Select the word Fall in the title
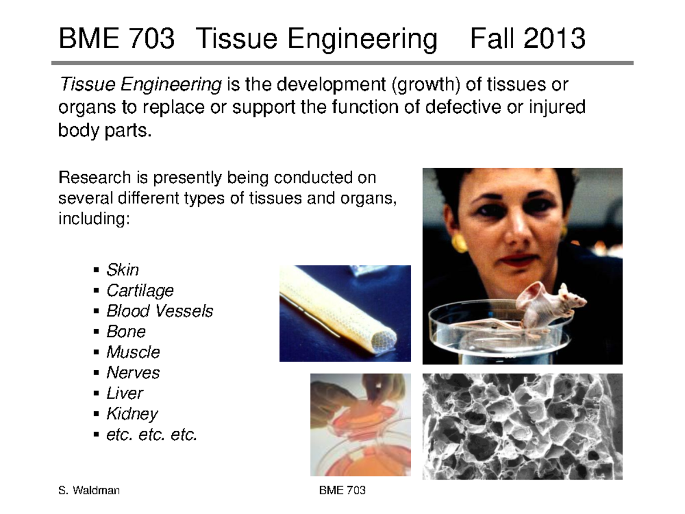pyautogui.click(x=493, y=39)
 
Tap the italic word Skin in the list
pyautogui.click(x=122, y=270)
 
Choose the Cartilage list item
pyautogui.click(x=140, y=290)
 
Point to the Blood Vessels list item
pyautogui.click(x=159, y=311)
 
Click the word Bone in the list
pyautogui.click(x=126, y=331)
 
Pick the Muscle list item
pyautogui.click(x=133, y=352)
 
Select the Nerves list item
pyautogui.click(x=132, y=372)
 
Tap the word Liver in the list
pyautogui.click(x=124, y=393)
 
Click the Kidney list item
pyautogui.click(x=132, y=413)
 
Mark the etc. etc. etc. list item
pyautogui.click(x=151, y=434)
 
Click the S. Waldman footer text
pyautogui.click(x=89, y=491)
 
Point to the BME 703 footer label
pyautogui.click(x=342, y=491)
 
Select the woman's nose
pyautogui.click(x=516, y=228)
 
